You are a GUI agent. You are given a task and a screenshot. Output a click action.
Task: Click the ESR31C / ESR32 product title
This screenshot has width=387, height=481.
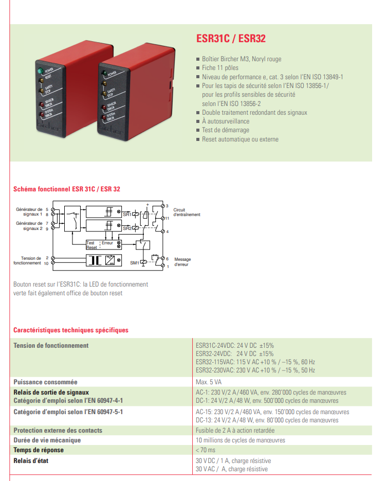(x=231, y=39)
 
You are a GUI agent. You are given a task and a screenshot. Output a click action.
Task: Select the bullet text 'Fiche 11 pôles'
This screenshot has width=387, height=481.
(x=220, y=68)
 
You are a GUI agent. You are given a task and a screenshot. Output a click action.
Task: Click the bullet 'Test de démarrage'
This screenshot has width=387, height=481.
(x=225, y=130)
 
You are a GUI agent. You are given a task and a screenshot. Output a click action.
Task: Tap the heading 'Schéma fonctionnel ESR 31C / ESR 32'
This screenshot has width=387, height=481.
(x=67, y=189)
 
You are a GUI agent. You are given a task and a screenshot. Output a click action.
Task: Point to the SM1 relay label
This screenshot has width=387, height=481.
(x=134, y=263)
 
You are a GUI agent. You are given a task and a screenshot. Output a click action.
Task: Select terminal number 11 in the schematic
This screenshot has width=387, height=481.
(x=167, y=218)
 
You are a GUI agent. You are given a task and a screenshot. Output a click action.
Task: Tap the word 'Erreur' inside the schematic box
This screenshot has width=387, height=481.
(x=107, y=243)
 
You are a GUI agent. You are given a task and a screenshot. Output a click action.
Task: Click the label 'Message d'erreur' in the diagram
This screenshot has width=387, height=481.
(x=182, y=262)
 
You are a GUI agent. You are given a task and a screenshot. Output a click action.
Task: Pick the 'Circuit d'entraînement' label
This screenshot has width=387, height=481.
(x=187, y=212)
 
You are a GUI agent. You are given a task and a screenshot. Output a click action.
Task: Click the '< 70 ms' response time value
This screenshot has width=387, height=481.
(x=207, y=450)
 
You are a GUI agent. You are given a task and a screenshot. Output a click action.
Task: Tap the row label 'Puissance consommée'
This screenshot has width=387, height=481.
(x=45, y=382)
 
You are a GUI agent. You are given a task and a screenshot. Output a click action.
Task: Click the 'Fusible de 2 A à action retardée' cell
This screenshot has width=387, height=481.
(x=235, y=431)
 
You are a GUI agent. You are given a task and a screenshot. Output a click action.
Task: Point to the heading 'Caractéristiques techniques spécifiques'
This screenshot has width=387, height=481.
(x=71, y=330)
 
